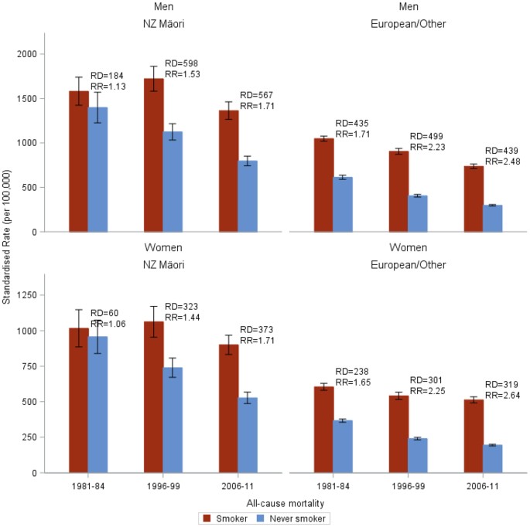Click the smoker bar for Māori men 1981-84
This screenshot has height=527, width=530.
click(x=79, y=161)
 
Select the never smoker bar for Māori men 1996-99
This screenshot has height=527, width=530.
click(x=173, y=182)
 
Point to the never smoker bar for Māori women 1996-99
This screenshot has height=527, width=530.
click(x=173, y=420)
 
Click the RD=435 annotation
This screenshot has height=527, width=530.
click(x=350, y=124)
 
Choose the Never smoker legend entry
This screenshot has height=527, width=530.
click(x=296, y=518)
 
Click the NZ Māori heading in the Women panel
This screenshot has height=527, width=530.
click(x=163, y=264)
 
